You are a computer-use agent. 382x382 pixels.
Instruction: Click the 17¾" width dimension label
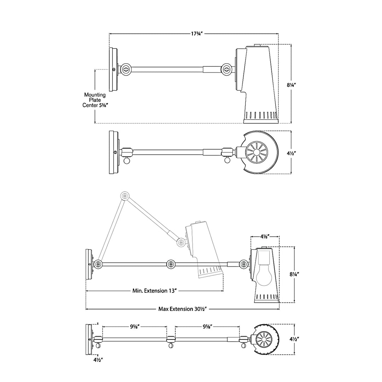tap(197, 34)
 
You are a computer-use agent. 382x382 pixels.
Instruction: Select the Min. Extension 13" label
tap(155, 291)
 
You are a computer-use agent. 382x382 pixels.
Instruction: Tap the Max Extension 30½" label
tap(183, 309)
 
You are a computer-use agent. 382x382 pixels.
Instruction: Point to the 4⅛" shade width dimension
tap(265, 236)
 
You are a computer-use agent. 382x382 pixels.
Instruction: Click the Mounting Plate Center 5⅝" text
tap(94, 100)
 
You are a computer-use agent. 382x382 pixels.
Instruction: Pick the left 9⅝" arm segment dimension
tap(134, 327)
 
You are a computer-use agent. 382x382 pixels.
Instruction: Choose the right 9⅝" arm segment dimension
tap(208, 327)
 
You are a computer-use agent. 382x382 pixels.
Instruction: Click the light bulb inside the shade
tap(264, 275)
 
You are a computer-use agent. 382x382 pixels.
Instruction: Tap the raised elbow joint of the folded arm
tap(125, 196)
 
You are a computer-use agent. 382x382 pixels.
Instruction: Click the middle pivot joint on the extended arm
tap(171, 264)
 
